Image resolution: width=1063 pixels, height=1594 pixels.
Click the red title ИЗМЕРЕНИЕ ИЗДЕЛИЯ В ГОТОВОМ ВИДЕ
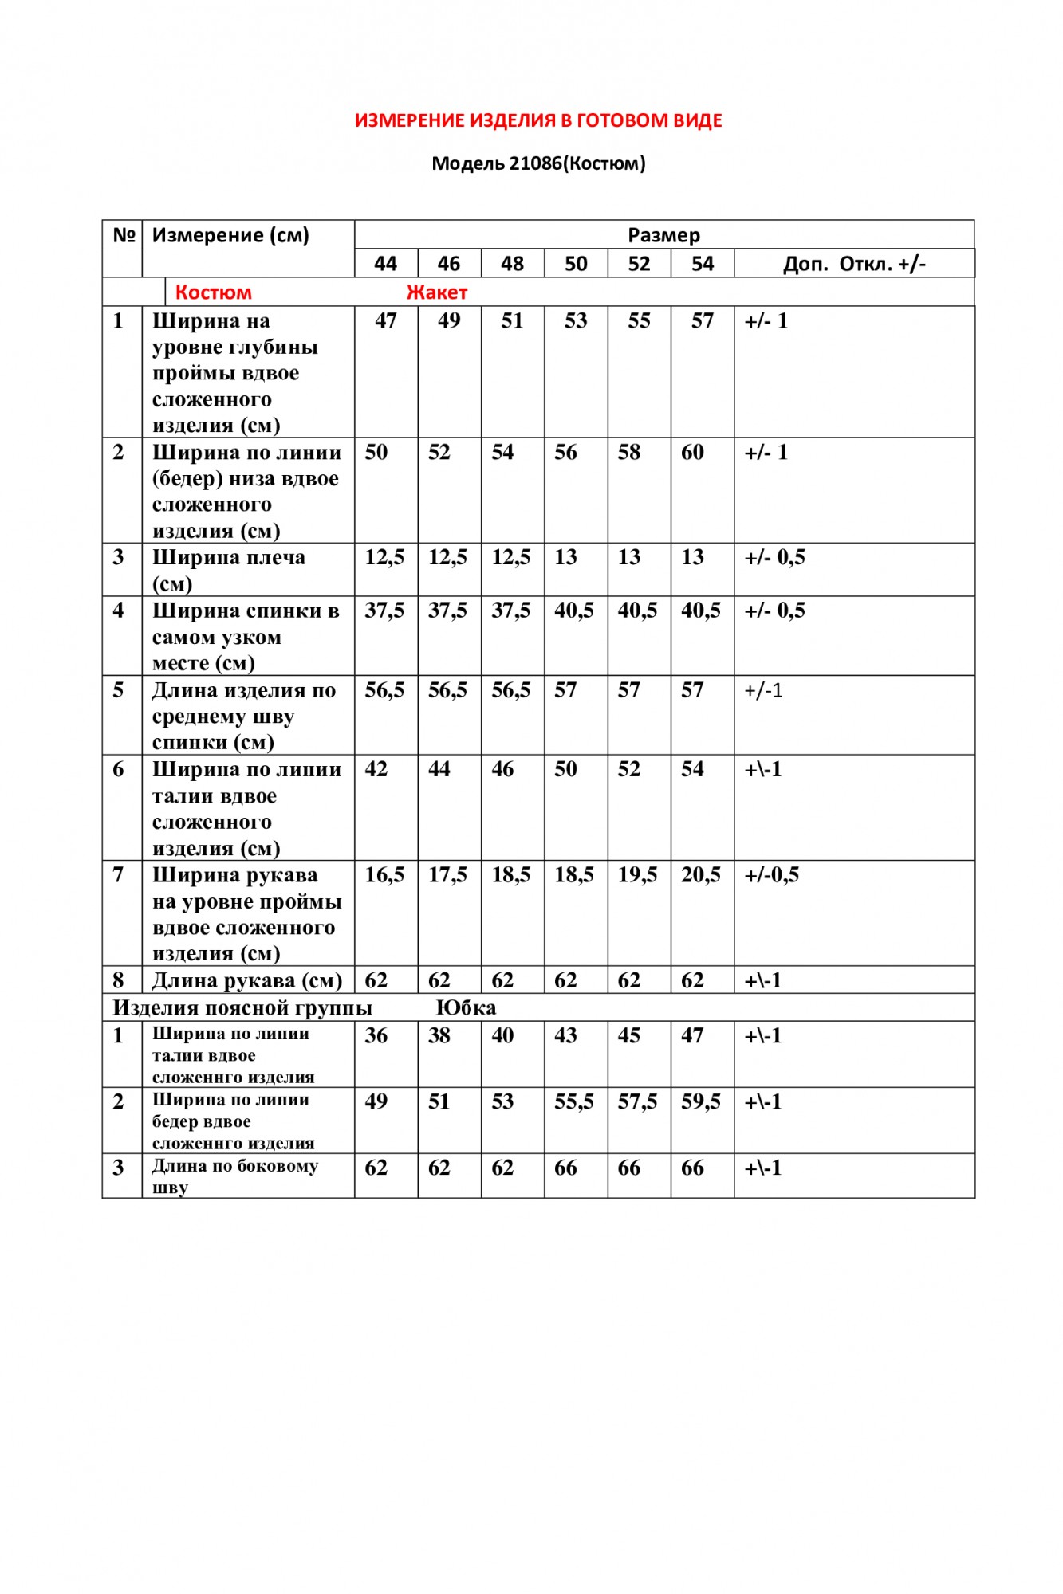point(538,120)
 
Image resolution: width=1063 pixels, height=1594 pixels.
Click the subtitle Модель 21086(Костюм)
point(538,163)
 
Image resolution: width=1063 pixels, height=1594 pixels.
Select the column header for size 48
point(512,264)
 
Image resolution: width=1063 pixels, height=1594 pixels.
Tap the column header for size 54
point(702,264)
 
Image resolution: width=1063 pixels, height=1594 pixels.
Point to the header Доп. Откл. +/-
point(854,264)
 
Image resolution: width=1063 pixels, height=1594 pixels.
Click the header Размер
point(663,235)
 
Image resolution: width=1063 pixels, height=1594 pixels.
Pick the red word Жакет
point(436,292)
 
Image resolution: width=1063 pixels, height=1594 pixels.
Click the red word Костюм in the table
point(213,292)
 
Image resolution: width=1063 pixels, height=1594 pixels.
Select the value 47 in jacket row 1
point(386,320)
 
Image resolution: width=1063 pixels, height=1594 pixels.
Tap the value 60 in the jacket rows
point(692,452)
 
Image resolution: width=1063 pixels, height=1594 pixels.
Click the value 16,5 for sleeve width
point(384,875)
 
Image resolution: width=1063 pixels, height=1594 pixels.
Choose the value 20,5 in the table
point(700,875)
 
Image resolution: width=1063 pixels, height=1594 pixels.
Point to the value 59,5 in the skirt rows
point(700,1101)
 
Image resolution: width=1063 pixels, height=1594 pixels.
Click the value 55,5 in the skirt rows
point(574,1101)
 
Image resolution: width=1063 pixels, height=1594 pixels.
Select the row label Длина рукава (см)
point(247,980)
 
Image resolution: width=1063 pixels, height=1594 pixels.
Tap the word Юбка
point(466,1007)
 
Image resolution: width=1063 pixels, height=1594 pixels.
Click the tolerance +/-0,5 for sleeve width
point(771,875)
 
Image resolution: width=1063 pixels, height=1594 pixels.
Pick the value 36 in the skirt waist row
point(376,1035)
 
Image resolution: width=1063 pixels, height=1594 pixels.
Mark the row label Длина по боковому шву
point(234,1176)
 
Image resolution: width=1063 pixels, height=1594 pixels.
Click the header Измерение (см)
point(230,235)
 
